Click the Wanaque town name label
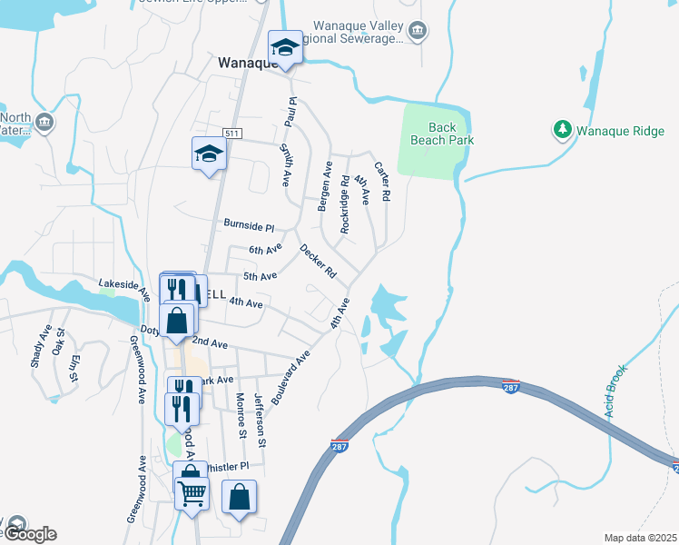click(245, 64)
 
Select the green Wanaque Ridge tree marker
click(563, 131)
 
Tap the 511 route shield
click(233, 134)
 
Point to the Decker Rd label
click(318, 261)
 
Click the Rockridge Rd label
click(345, 205)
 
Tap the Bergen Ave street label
click(324, 188)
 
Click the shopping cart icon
click(192, 494)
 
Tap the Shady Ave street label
click(41, 346)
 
